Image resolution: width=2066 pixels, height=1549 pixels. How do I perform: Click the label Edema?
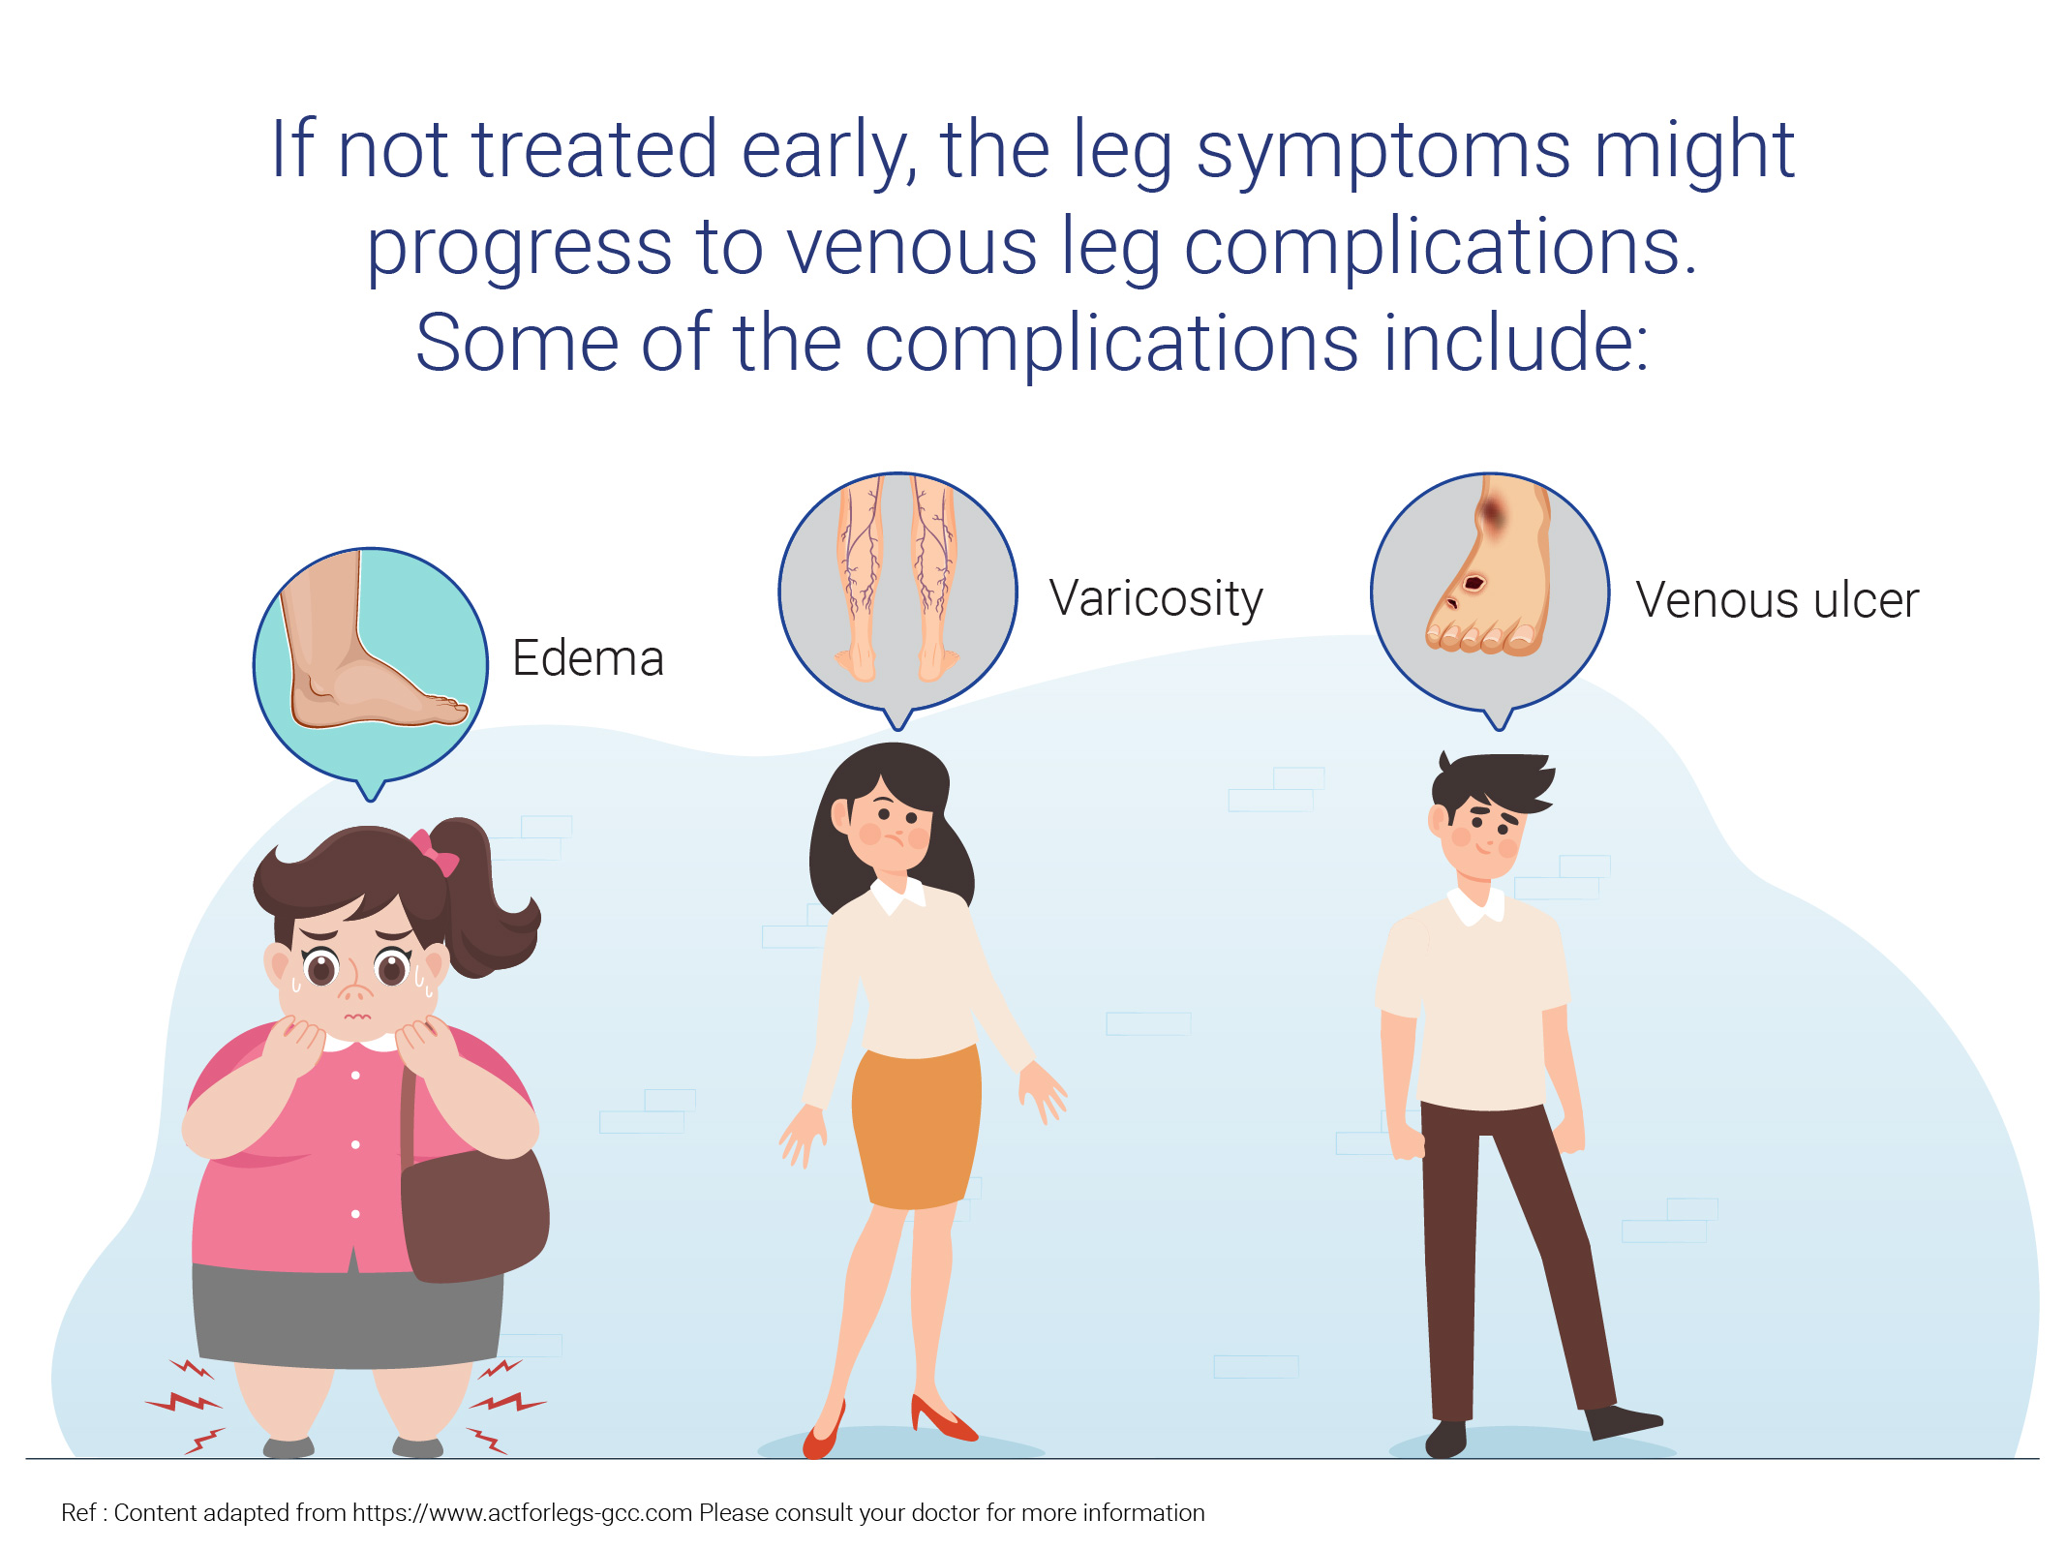point(588,658)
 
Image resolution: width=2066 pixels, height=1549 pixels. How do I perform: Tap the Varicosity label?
point(1156,599)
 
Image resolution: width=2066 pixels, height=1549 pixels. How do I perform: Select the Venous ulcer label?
point(1777,600)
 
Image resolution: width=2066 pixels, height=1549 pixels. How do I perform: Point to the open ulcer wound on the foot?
point(1474,583)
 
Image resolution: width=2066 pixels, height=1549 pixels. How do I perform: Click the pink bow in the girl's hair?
point(434,852)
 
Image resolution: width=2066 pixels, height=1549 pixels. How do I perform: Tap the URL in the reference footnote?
point(522,1513)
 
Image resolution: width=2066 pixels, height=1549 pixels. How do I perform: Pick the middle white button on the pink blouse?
point(355,1144)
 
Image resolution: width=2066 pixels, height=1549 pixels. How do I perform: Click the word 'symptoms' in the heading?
point(1383,153)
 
